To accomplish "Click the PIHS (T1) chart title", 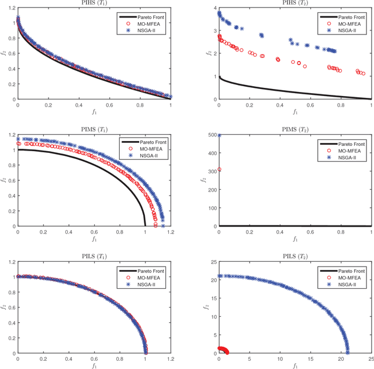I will click(x=94, y=4).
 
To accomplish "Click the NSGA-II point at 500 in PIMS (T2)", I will click(x=219, y=136).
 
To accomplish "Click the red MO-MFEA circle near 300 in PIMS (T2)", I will click(x=219, y=170).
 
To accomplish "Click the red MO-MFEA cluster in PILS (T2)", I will click(x=223, y=350).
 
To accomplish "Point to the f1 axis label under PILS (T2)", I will click(x=295, y=366).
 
